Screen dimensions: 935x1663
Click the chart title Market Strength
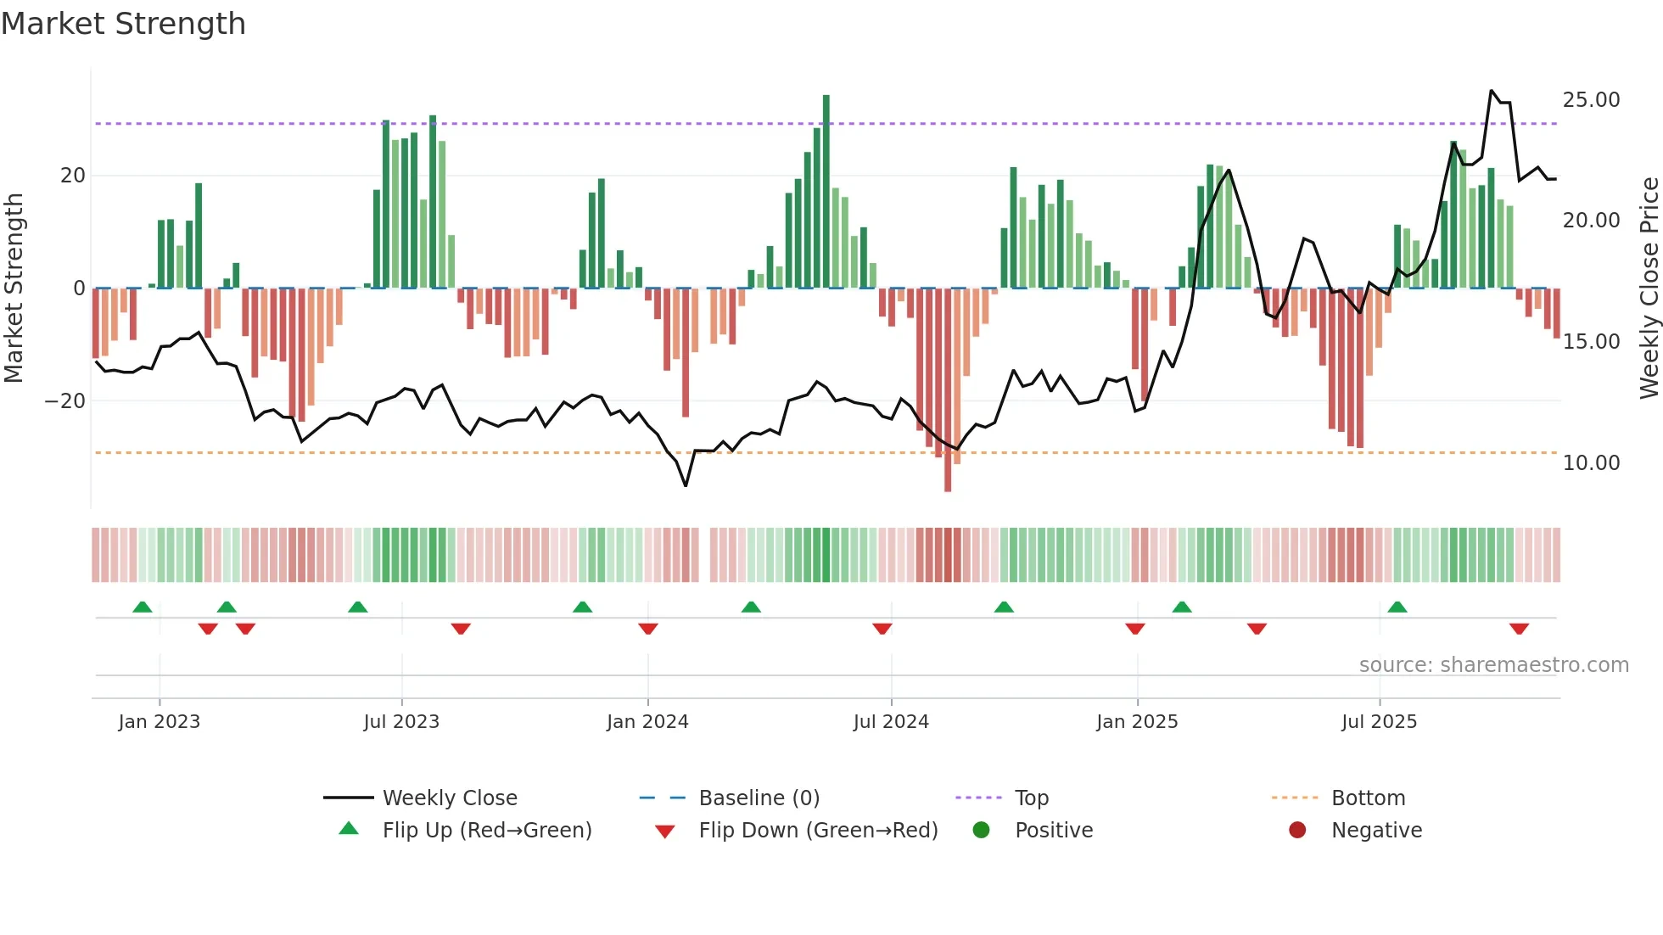123,24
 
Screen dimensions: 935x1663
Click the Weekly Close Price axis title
1649,288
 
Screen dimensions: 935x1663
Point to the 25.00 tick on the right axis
1591,100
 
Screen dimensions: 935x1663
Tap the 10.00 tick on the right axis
1591,463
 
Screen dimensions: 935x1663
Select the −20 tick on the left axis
65,401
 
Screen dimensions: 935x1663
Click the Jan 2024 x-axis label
647,722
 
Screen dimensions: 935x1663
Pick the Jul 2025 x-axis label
1379,722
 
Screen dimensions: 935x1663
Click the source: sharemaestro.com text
1493,665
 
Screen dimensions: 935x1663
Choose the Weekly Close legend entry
450,798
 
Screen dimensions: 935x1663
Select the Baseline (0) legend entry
759,798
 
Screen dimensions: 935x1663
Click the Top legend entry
1032,798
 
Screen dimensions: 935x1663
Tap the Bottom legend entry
1368,798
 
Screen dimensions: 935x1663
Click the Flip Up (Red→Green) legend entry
486,831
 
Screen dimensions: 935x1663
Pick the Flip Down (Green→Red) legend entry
818,831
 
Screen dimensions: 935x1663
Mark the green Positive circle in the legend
982,831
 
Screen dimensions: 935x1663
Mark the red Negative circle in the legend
1297,831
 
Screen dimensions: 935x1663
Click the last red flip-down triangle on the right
1519,629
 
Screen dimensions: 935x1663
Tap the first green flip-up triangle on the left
143,607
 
